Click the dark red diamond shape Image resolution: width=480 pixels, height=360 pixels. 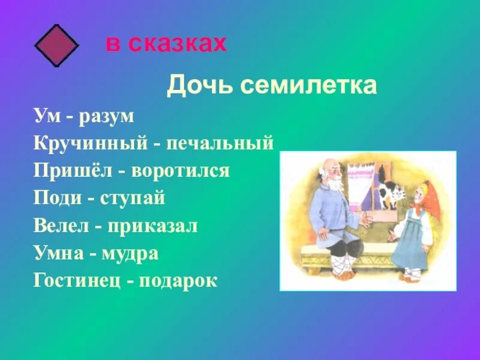[x=56, y=45]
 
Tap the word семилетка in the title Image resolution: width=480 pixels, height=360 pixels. [x=309, y=86]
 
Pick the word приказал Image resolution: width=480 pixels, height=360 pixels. [x=153, y=226]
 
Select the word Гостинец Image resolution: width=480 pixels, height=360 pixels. [x=76, y=281]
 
